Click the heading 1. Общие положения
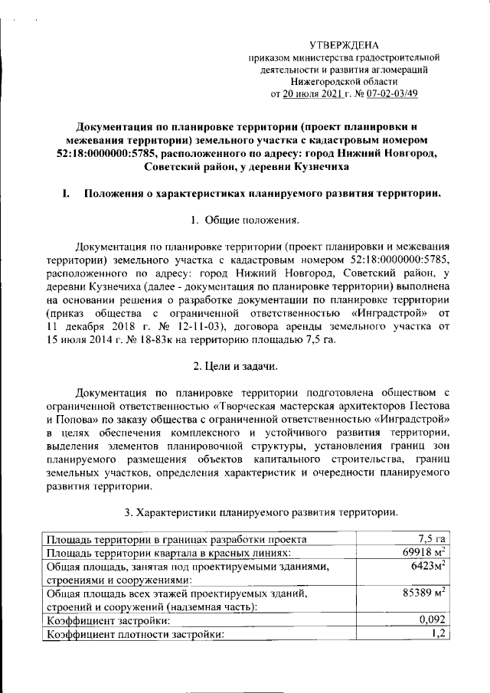pyautogui.click(x=244, y=221)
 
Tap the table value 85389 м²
pyautogui.click(x=424, y=593)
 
